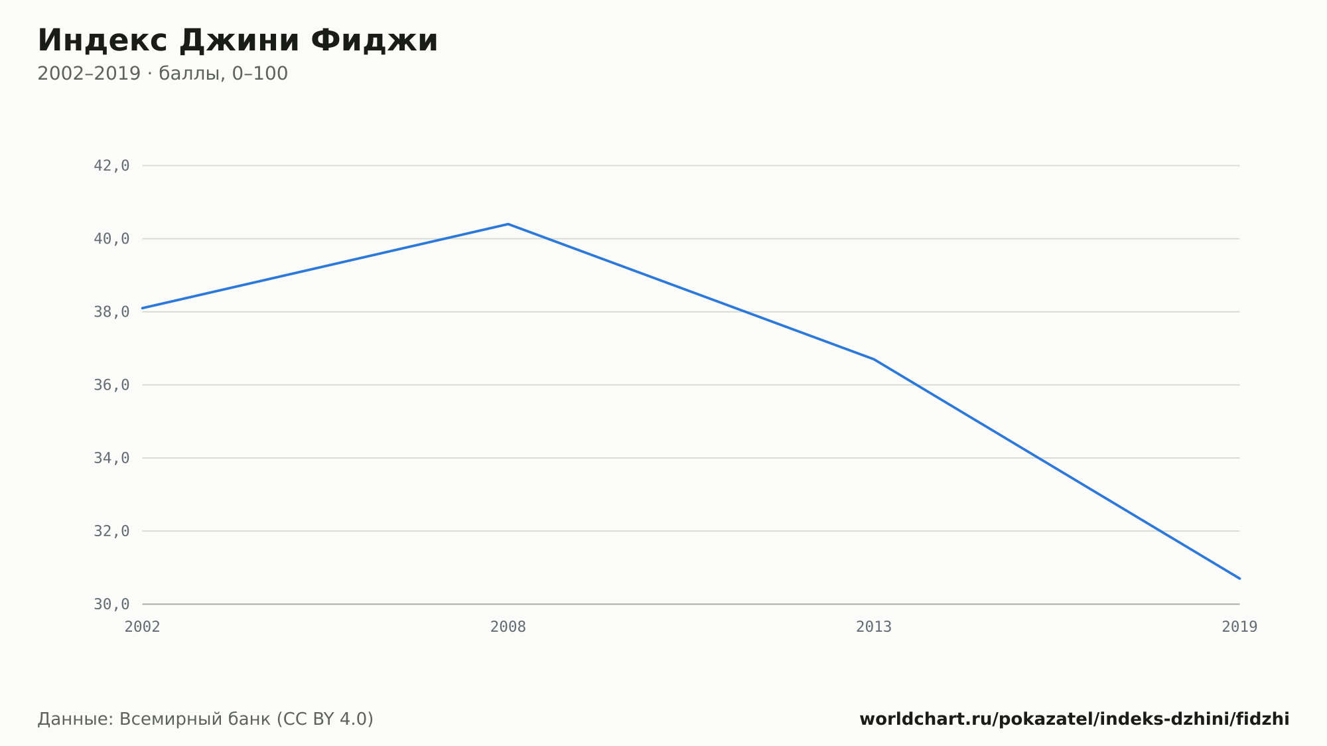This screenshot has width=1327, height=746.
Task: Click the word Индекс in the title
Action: pyautogui.click(x=102, y=41)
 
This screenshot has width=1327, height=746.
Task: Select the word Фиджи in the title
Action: pyautogui.click(x=374, y=41)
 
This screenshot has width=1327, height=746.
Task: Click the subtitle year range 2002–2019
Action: pyautogui.click(x=89, y=74)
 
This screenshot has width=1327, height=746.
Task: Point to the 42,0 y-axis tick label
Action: pyautogui.click(x=111, y=166)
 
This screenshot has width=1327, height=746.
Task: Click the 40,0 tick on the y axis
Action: pyautogui.click(x=111, y=239)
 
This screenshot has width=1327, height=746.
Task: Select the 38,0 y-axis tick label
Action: pyautogui.click(x=111, y=312)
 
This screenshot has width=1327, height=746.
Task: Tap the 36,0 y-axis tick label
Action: pyautogui.click(x=111, y=385)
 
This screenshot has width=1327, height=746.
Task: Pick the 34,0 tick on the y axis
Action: pyautogui.click(x=111, y=458)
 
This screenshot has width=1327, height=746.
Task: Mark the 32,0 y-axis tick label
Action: pyautogui.click(x=111, y=531)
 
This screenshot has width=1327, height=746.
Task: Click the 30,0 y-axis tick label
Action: pyautogui.click(x=111, y=604)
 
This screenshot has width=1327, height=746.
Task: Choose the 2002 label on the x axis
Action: pyautogui.click(x=143, y=627)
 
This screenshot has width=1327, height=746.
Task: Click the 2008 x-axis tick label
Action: pyautogui.click(x=508, y=627)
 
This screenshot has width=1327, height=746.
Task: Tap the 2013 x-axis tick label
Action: pyautogui.click(x=874, y=627)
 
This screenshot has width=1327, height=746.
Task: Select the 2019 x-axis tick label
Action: pyautogui.click(x=1239, y=627)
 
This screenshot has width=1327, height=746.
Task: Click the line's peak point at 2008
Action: pyautogui.click(x=508, y=224)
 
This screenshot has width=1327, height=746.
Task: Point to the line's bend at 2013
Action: pyautogui.click(x=874, y=359)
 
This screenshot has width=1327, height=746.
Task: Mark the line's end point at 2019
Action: pyautogui.click(x=1239, y=578)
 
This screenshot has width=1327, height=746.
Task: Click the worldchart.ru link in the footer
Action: pyautogui.click(x=1074, y=719)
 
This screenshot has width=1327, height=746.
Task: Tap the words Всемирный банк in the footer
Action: pyautogui.click(x=195, y=719)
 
